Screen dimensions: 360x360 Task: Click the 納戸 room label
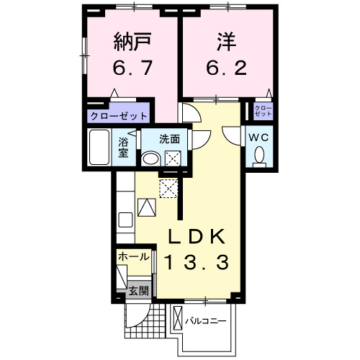coord(130,42)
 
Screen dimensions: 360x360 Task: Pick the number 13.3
coord(199,264)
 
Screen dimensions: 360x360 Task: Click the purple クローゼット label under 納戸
coord(119,116)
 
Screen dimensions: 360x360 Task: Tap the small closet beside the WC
coord(264,112)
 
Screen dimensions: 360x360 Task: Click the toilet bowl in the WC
coord(259,154)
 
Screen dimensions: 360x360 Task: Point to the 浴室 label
coord(123,145)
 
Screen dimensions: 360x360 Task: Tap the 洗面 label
coord(169,138)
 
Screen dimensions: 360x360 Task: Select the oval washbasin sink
coord(151,159)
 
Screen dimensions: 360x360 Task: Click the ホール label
coord(134,256)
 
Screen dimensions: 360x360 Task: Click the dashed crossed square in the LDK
coord(171,188)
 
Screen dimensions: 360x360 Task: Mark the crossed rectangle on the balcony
coord(177,318)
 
